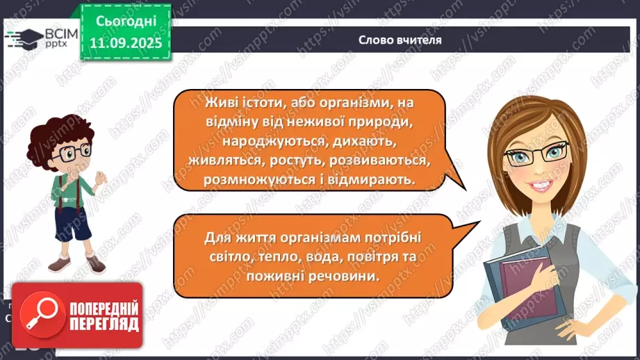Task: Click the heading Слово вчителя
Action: pyautogui.click(x=400, y=40)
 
